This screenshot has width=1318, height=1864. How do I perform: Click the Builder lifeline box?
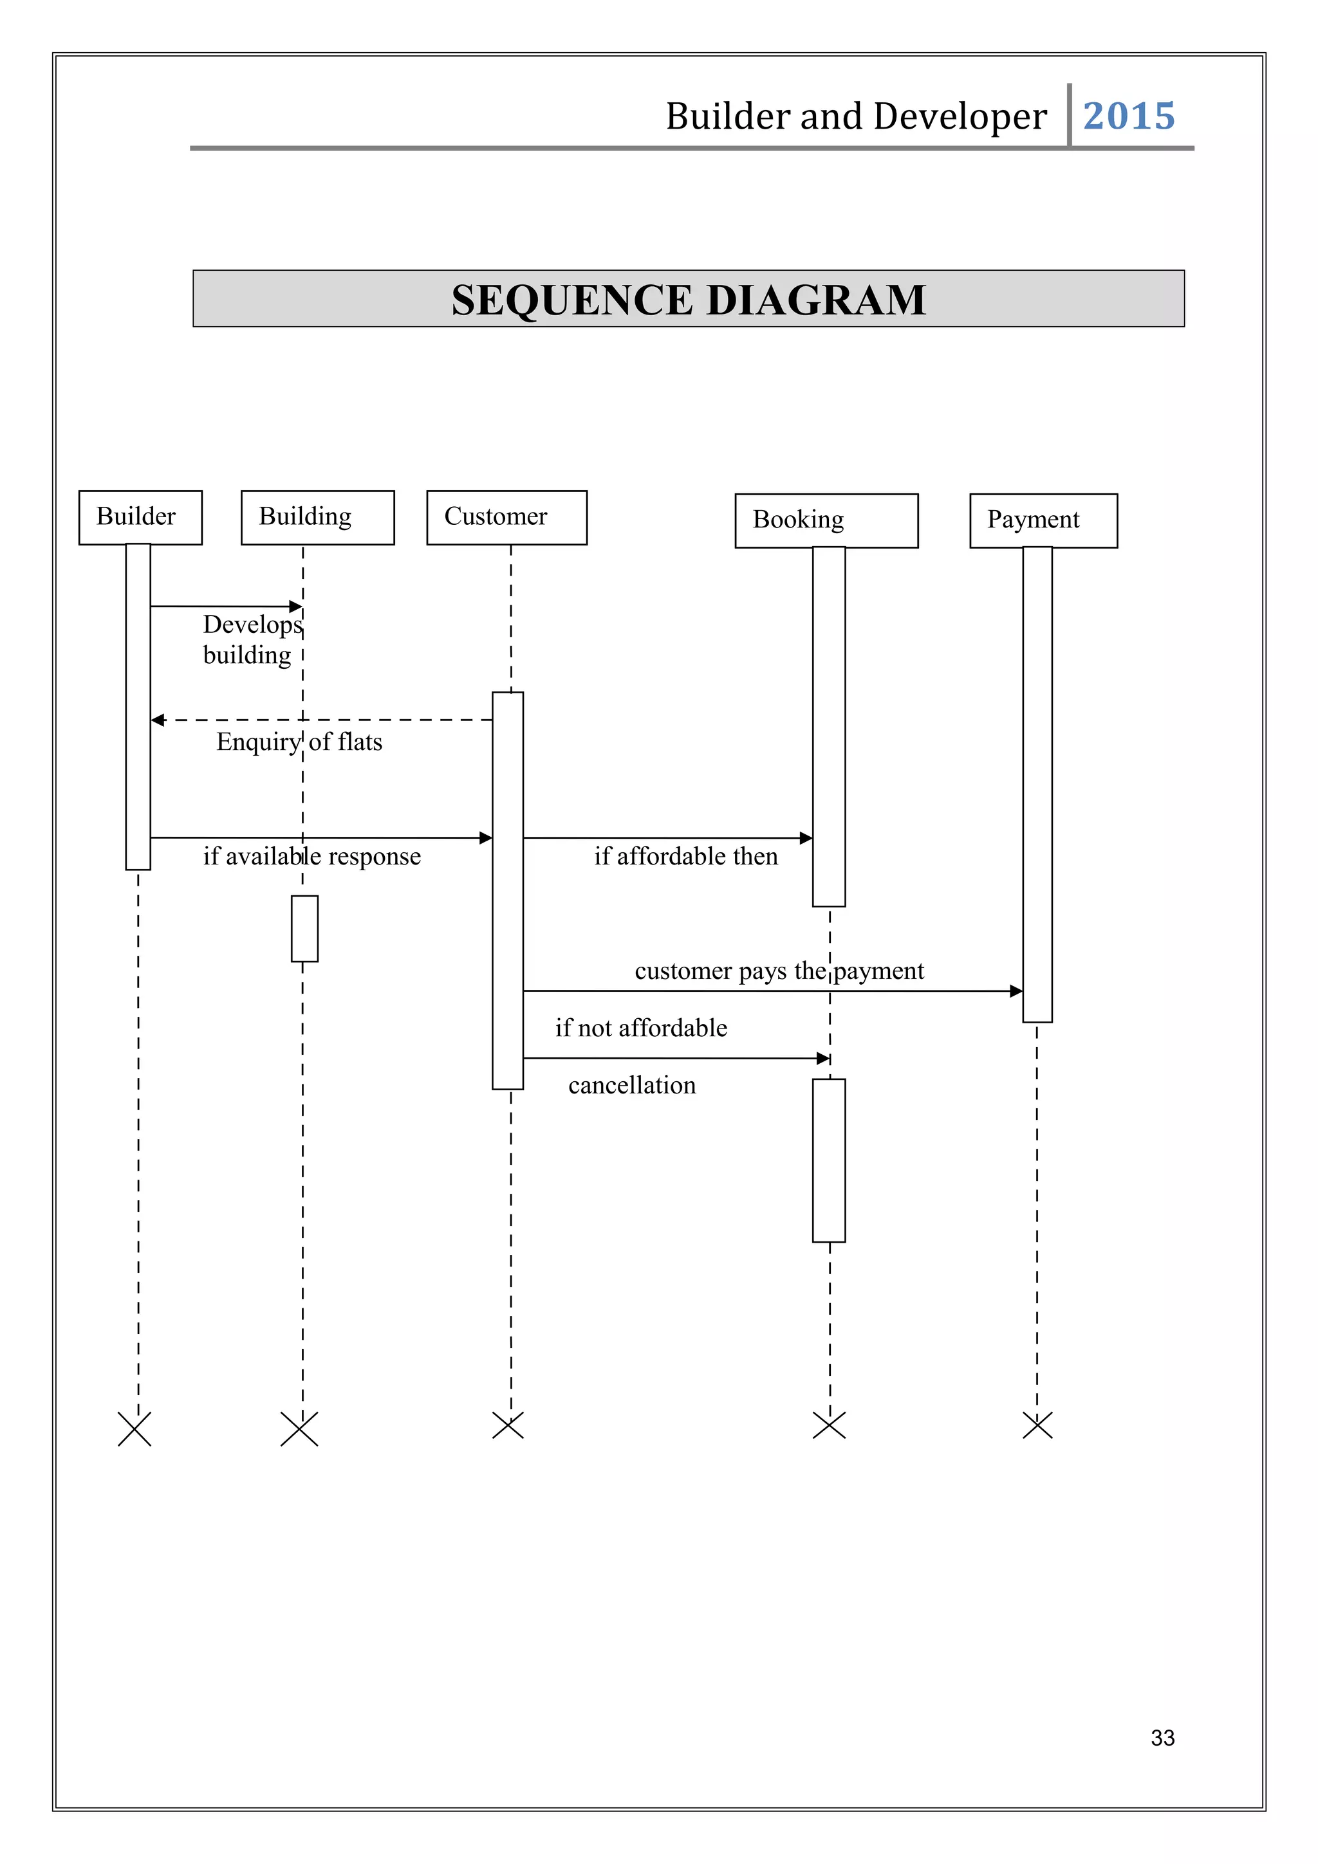point(140,517)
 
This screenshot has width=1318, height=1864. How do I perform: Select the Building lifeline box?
point(317,517)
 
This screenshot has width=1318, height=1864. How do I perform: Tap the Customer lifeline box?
point(506,517)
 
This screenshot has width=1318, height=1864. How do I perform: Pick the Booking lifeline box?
point(826,520)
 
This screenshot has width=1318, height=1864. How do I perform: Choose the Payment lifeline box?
point(1043,520)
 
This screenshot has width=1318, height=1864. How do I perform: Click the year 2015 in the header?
point(1128,116)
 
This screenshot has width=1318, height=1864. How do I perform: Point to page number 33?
point(1162,1737)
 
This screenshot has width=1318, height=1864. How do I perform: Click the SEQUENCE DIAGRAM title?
point(688,300)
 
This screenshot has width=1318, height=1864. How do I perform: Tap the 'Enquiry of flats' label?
point(299,741)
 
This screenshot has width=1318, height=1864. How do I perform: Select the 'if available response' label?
point(312,855)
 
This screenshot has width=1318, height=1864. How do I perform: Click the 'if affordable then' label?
point(685,855)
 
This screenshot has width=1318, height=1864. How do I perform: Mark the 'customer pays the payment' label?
point(779,970)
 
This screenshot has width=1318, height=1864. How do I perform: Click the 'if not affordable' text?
point(641,1028)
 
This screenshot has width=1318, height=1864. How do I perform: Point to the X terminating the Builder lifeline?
point(135,1429)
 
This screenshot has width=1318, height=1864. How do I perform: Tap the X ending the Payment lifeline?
point(1037,1425)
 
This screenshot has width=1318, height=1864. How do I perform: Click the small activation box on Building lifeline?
point(304,928)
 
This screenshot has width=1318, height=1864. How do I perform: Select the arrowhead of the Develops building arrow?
point(297,607)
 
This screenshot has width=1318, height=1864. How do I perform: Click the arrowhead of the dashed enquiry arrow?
point(158,720)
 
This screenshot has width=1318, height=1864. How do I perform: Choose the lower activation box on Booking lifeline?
point(828,1160)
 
